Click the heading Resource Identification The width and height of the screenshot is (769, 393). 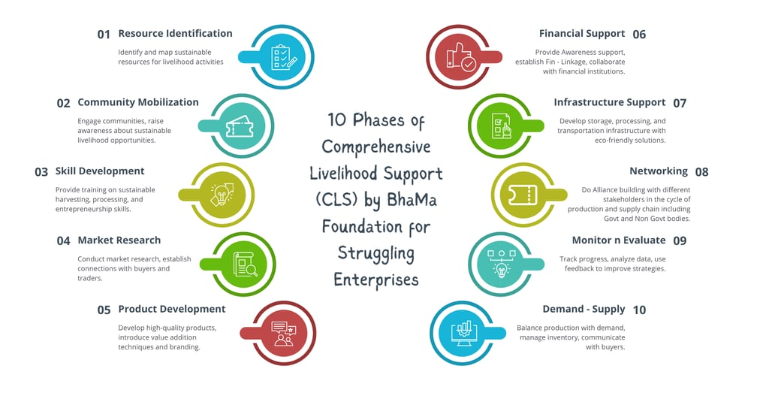tap(175, 33)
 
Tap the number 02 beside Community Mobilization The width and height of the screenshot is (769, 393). tap(63, 103)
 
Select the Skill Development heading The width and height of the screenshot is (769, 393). tap(100, 171)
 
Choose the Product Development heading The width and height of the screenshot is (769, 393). tap(171, 309)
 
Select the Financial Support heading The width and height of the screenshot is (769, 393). tap(581, 33)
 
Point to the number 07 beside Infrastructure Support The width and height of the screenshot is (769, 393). tap(680, 103)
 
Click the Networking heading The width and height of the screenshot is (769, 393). tap(658, 171)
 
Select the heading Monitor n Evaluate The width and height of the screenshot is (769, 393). tap(618, 240)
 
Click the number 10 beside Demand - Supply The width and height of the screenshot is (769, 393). tap(639, 310)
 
